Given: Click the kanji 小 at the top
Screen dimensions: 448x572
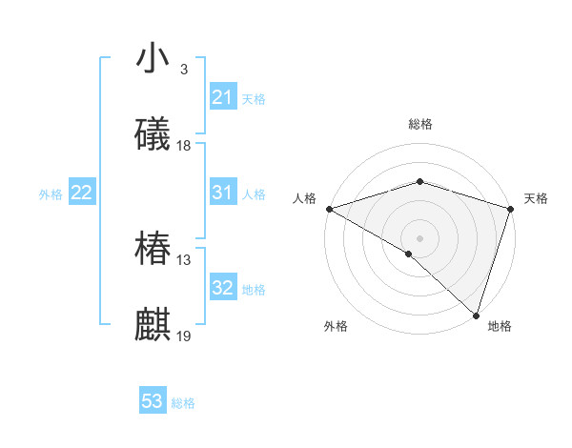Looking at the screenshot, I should point(153,58).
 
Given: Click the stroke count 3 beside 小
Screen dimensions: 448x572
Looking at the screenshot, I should point(183,70).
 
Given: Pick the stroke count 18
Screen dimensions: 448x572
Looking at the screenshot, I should point(184,146).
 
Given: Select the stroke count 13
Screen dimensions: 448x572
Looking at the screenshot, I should point(184,260).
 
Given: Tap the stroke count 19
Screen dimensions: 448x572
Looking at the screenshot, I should point(184,336).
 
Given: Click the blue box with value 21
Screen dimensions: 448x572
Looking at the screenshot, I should point(223,97).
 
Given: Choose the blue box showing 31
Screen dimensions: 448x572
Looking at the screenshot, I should point(223,193).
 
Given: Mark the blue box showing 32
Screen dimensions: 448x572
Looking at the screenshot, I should point(223,288).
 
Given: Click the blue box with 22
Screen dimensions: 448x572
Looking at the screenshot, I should point(82,193).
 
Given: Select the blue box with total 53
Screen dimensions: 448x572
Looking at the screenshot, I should point(153,401).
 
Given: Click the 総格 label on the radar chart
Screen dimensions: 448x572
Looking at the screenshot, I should point(420,124).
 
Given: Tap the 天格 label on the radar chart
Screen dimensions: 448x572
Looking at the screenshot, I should point(536,199).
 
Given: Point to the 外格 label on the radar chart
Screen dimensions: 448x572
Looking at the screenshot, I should point(336,327).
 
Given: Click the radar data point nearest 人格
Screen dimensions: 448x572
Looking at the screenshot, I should point(329,209).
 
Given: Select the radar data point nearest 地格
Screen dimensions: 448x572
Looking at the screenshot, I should point(476,315).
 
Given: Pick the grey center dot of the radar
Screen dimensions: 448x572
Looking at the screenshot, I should point(420,238).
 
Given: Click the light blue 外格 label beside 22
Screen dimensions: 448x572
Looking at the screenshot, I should point(51,194).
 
